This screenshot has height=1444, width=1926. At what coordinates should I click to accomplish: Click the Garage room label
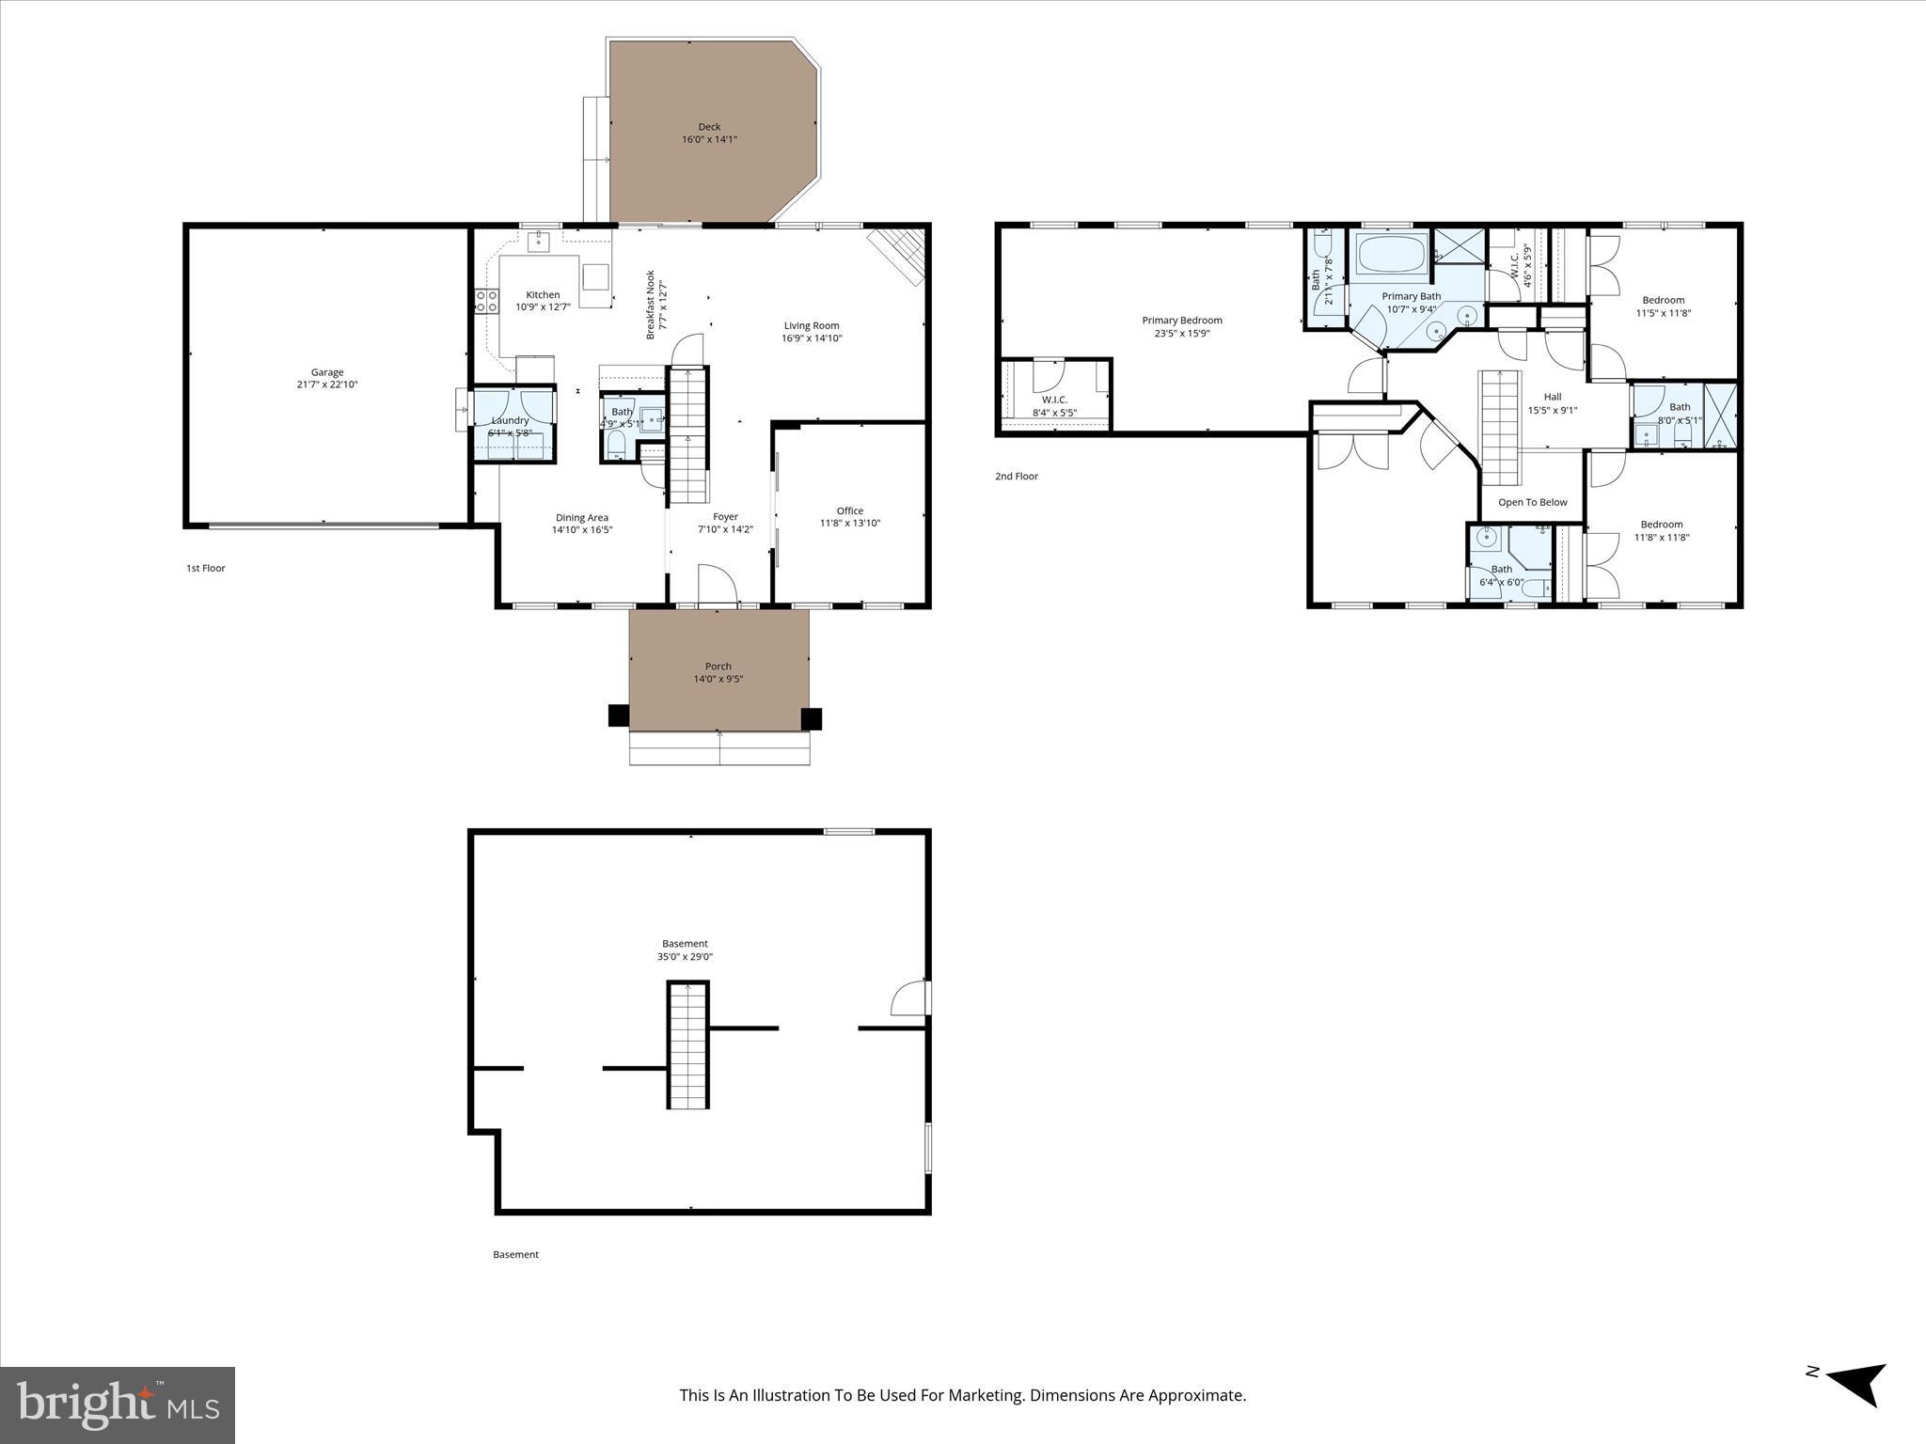[327, 372]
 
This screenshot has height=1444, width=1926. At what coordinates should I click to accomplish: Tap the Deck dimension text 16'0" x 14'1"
[709, 140]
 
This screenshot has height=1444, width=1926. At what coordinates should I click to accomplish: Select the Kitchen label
[543, 294]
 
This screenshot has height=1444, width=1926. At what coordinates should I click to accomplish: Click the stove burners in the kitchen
[486, 301]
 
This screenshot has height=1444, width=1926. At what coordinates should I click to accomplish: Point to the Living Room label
[811, 326]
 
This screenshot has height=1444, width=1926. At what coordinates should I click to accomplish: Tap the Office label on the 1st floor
[849, 510]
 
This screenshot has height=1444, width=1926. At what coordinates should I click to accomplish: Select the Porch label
[718, 667]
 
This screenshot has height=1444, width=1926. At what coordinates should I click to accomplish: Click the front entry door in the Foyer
[717, 587]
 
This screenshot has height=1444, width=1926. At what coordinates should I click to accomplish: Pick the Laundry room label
[510, 420]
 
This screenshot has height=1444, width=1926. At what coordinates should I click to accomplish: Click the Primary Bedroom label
[1181, 321]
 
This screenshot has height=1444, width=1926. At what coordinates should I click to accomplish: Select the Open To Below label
[1532, 502]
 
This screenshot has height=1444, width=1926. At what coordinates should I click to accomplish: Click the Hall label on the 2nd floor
[1552, 397]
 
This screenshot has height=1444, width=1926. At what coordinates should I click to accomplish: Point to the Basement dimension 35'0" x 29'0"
[685, 957]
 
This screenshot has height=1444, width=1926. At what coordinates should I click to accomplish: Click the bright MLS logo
[118, 1405]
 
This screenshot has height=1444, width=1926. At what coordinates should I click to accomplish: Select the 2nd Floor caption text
[1016, 477]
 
